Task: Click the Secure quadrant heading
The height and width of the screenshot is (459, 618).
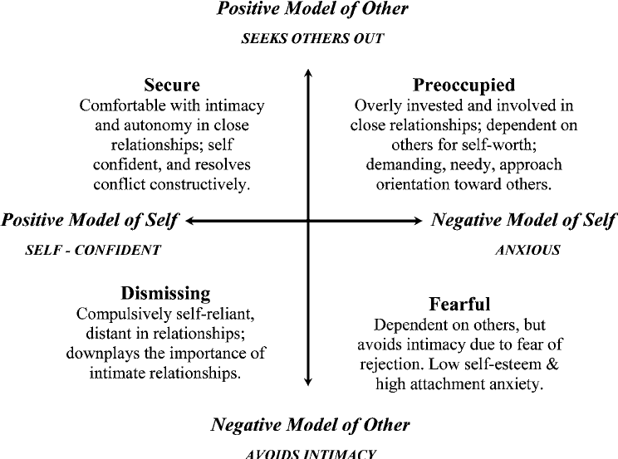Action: coord(172,85)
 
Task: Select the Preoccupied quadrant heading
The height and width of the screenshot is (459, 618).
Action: coord(463,85)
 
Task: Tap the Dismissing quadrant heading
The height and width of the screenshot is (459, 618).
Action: coord(166,294)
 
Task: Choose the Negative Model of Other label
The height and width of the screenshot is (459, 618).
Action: coord(310,425)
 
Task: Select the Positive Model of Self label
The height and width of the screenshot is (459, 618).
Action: coord(91,220)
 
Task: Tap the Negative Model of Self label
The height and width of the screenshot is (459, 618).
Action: coord(524,220)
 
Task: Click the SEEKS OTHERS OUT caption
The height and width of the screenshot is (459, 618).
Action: coord(312,39)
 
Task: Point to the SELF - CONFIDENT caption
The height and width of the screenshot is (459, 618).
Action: coord(93,249)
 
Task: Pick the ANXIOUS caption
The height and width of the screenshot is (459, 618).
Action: coord(527,249)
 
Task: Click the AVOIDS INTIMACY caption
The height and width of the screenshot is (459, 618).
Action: coord(311,453)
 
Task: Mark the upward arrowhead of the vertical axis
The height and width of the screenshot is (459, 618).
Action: coord(309,73)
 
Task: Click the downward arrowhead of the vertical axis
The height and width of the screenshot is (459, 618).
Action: coord(309,381)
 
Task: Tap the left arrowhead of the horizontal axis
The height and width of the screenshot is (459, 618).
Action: coord(191,221)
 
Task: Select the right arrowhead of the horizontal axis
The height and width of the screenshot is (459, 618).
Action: coord(419,221)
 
